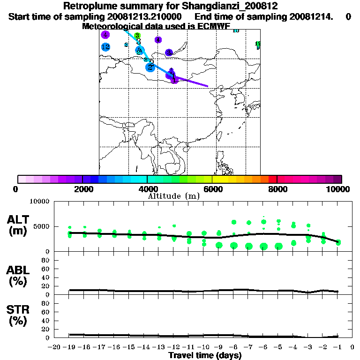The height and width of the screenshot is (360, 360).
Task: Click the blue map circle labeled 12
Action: (105, 47)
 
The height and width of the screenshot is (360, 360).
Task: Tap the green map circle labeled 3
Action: (137, 35)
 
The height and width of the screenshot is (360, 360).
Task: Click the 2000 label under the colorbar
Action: (82, 189)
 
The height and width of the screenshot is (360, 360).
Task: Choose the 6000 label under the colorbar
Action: (212, 189)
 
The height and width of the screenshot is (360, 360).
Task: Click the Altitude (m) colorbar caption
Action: (173, 195)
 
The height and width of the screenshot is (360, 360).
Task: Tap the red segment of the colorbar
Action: (272, 179)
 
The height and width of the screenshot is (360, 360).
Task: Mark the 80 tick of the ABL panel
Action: (46, 260)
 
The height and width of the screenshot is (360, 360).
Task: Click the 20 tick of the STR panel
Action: (46, 329)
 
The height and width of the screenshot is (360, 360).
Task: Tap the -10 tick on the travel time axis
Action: (203, 347)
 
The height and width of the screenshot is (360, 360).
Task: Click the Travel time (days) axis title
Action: (205, 355)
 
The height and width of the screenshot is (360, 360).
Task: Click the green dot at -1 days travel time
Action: (338, 242)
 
